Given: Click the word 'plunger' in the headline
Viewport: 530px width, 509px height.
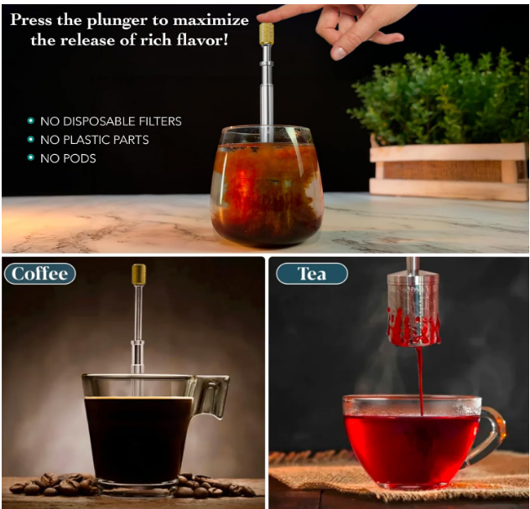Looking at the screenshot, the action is click(x=117, y=22).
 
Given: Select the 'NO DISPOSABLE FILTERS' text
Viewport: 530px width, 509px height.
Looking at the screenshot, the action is click(x=111, y=121).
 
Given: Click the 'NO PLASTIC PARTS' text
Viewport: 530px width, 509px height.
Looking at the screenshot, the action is click(x=95, y=140).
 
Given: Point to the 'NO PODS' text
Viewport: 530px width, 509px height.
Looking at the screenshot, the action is click(x=68, y=158).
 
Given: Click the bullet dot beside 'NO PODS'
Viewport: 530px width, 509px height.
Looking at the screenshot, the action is click(x=31, y=157).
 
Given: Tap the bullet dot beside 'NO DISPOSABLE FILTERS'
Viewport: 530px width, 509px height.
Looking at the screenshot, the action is click(x=31, y=121).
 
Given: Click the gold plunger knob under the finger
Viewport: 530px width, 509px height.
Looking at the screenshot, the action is click(x=267, y=33).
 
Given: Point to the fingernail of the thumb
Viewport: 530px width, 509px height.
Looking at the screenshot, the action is click(x=338, y=53).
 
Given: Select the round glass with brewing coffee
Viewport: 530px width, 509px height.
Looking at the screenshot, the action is click(x=266, y=186).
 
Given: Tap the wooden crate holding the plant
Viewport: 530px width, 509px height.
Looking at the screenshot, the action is click(x=449, y=171).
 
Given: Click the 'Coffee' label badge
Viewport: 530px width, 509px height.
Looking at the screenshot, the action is click(x=40, y=274).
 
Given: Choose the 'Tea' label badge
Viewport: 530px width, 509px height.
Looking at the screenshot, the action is click(x=312, y=274).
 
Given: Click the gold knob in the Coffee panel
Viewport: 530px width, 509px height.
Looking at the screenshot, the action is click(x=138, y=274).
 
